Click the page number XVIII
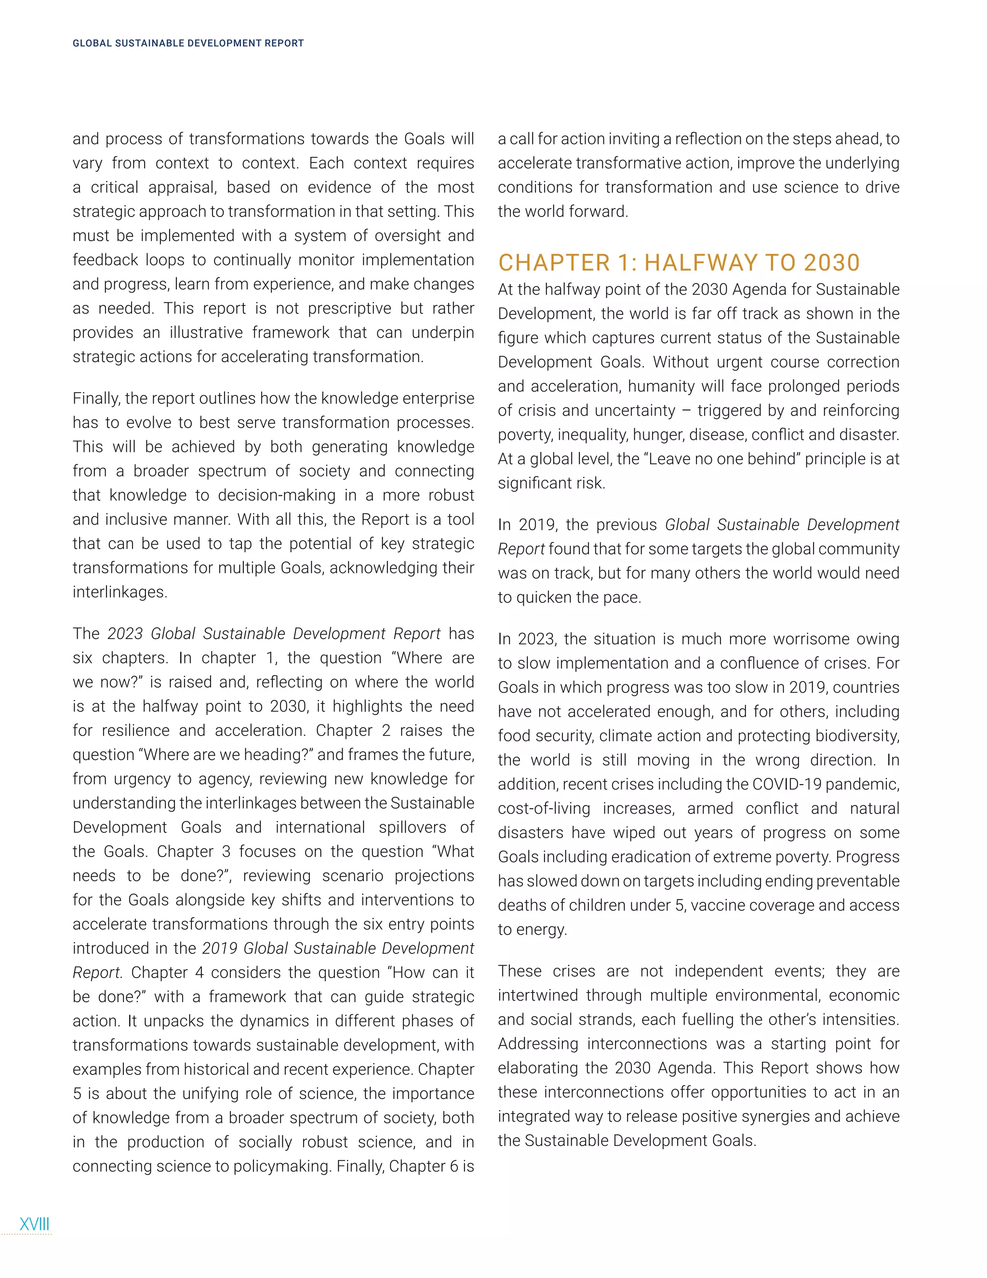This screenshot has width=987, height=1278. click(x=35, y=1224)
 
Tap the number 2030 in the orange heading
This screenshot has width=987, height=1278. click(x=831, y=263)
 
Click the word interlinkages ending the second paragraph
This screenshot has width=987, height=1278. click(x=120, y=592)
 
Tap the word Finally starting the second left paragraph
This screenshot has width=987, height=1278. click(x=96, y=398)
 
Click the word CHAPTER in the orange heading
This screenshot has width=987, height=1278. click(x=554, y=263)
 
